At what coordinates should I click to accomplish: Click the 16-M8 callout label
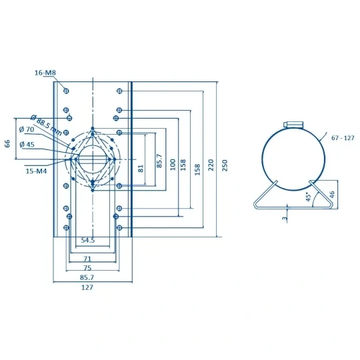(x=45, y=73)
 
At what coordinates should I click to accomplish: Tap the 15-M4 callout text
(x=36, y=171)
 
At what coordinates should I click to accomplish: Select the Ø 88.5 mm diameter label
(x=47, y=125)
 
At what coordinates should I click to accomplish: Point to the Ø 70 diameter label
(x=27, y=129)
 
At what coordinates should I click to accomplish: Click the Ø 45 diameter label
(x=27, y=145)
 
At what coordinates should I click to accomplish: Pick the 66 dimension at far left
(x=7, y=143)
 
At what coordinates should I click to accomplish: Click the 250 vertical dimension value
(x=225, y=165)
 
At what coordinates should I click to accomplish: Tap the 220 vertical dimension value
(x=211, y=165)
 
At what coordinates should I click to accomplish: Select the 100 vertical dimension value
(x=173, y=165)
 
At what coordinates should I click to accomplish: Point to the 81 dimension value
(x=141, y=168)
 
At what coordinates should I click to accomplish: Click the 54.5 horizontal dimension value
(x=88, y=241)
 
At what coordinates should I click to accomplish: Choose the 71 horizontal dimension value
(x=87, y=259)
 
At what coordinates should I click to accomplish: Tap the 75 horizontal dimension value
(x=87, y=268)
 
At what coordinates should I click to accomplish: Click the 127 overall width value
(x=87, y=287)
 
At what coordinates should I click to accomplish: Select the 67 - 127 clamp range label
(x=343, y=138)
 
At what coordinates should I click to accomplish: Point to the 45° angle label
(x=309, y=197)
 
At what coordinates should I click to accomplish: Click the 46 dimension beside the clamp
(x=332, y=194)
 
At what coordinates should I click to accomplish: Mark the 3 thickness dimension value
(x=285, y=218)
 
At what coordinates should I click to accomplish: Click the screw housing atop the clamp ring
(x=293, y=125)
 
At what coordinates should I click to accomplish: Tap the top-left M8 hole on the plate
(x=66, y=91)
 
